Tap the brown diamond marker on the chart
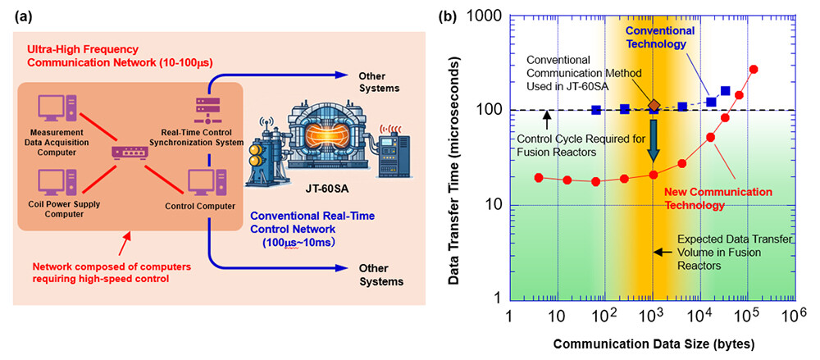coord(654,105)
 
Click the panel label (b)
coord(449,14)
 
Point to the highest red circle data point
coord(754,70)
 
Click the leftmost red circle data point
coord(539,178)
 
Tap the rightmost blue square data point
coord(726,91)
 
